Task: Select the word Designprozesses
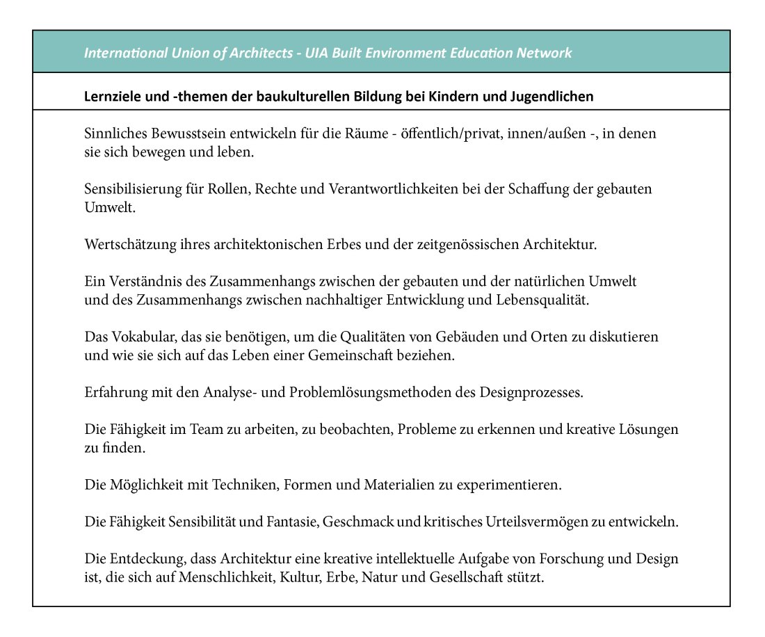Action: (531, 392)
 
